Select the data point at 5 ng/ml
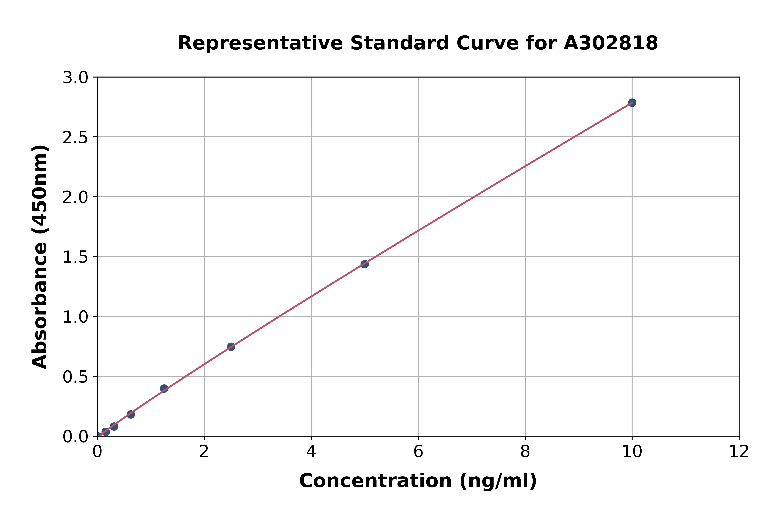point(364,264)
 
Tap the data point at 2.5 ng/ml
point(231,347)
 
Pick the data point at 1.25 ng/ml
point(164,389)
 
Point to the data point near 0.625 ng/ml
point(131,415)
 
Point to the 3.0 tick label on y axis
point(75,78)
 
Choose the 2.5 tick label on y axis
point(75,138)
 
